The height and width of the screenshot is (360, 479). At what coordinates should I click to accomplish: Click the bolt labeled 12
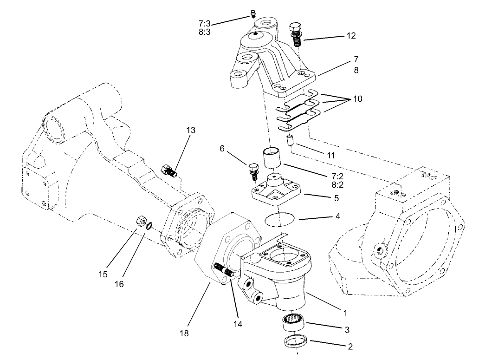tap(295, 34)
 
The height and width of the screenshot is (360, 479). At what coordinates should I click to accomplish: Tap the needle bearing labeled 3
tap(293, 321)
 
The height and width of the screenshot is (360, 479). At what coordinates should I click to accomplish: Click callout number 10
tap(357, 99)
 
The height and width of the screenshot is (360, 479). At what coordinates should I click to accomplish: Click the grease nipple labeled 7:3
tap(253, 14)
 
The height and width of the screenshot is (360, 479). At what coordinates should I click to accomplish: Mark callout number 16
tap(119, 284)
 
